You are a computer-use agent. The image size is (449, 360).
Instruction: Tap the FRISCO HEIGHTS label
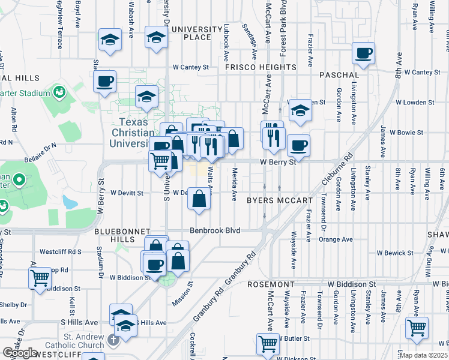[261, 67]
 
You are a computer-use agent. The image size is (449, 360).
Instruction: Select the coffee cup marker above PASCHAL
[363, 53]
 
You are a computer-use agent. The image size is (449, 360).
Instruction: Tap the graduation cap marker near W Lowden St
[300, 110]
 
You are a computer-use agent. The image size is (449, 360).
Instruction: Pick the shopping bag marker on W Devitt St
[199, 199]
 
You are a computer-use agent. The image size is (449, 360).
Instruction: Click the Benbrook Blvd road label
[215, 230]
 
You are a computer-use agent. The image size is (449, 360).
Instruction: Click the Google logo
[20, 353]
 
